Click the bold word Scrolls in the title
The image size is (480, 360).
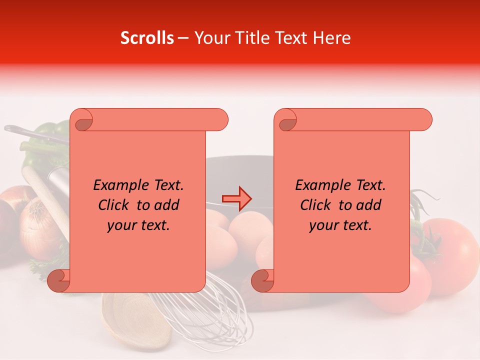(x=147, y=38)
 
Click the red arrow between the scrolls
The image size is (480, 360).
(x=237, y=198)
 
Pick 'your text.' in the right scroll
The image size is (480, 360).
(x=340, y=225)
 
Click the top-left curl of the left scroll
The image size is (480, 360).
(x=82, y=121)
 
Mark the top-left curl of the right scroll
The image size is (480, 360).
(x=286, y=121)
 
